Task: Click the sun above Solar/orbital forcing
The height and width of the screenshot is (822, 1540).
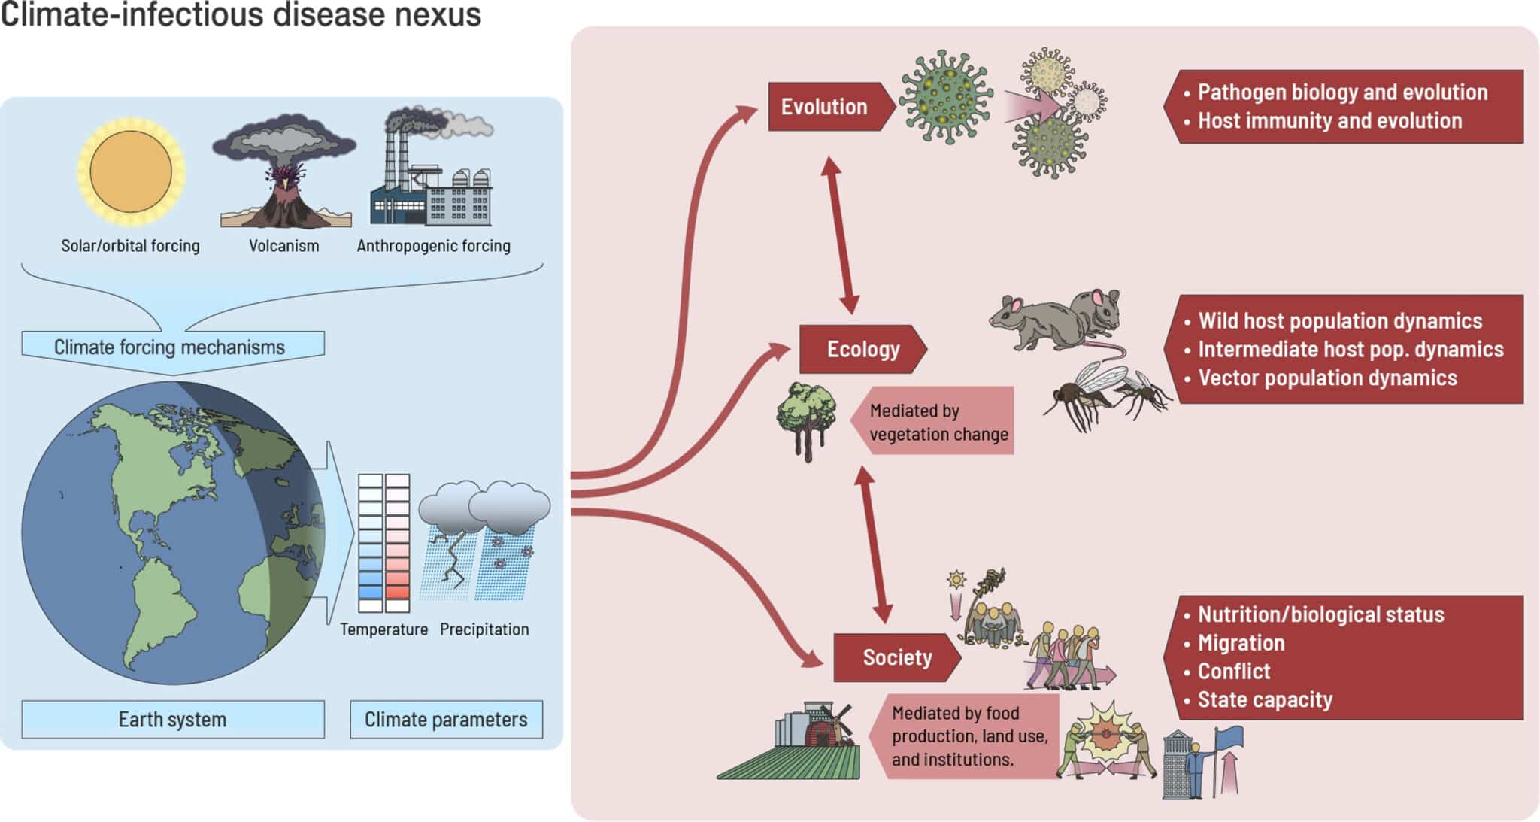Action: tap(131, 171)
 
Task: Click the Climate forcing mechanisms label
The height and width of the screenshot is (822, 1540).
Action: tap(170, 347)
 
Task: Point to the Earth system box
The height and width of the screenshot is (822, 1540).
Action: tap(173, 720)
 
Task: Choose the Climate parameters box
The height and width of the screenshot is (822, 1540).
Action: tap(446, 720)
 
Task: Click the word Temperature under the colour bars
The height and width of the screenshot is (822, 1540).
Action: tap(383, 629)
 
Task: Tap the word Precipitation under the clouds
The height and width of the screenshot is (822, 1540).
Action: tap(484, 629)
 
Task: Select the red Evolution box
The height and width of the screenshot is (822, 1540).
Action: tap(825, 107)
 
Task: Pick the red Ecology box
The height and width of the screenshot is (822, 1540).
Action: tap(863, 349)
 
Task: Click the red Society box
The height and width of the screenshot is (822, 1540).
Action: tap(897, 657)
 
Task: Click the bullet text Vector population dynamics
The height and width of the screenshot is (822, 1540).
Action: tap(1327, 378)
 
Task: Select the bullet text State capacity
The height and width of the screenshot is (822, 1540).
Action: tap(1265, 699)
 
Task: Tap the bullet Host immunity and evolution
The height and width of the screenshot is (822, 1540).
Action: tap(1329, 120)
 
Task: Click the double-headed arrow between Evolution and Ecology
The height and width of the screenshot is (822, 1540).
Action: tap(840, 235)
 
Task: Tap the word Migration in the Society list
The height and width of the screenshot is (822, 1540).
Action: tap(1241, 643)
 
